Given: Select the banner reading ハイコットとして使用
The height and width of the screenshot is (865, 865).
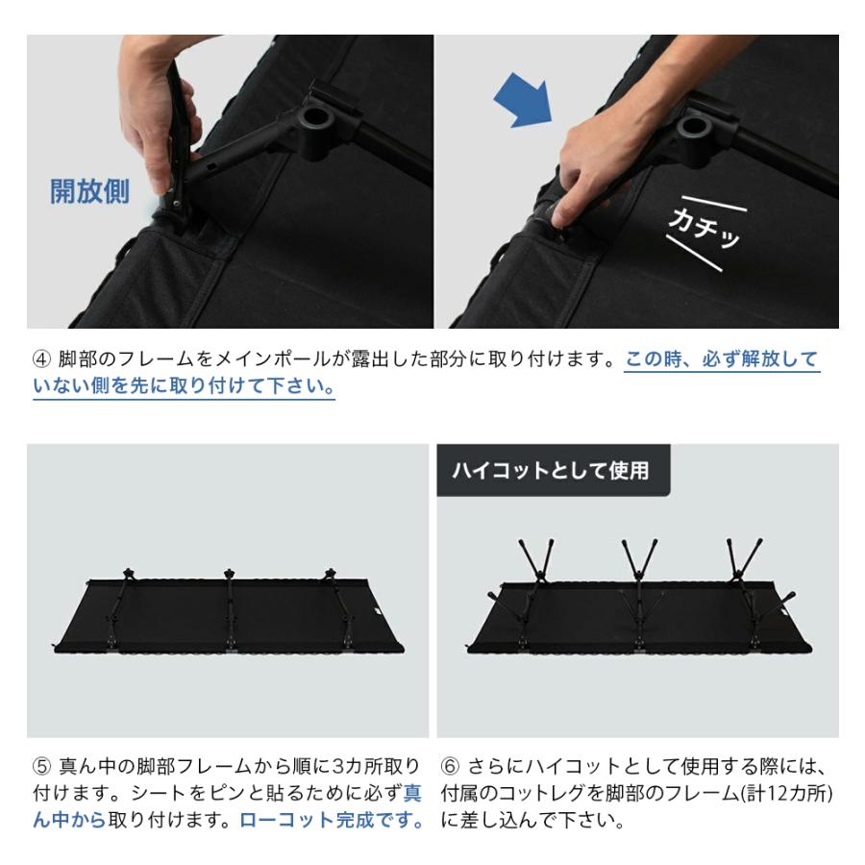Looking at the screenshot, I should point(552,470).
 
